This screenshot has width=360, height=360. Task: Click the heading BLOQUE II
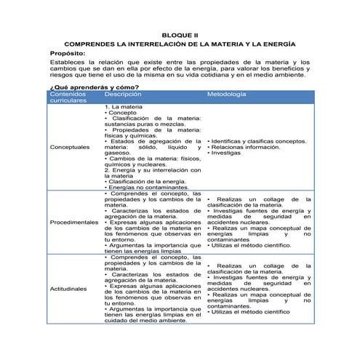(x=179, y=34)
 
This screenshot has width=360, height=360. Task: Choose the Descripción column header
(x=122, y=95)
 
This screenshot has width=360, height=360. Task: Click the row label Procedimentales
(x=74, y=221)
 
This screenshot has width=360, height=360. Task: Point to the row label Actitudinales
(x=70, y=289)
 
